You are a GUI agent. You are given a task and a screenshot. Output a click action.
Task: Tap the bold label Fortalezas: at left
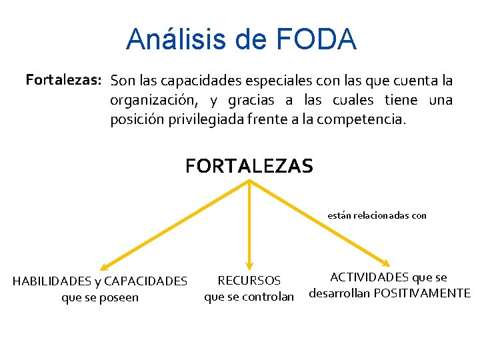(63, 81)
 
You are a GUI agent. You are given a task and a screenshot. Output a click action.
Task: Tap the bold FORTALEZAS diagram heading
(249, 165)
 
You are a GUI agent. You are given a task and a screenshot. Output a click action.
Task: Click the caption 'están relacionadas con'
(377, 215)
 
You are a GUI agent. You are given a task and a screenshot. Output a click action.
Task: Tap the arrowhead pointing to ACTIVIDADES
(387, 262)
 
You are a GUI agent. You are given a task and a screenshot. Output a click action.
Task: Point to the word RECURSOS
(249, 281)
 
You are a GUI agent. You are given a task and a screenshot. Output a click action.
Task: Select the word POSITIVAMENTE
(421, 293)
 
